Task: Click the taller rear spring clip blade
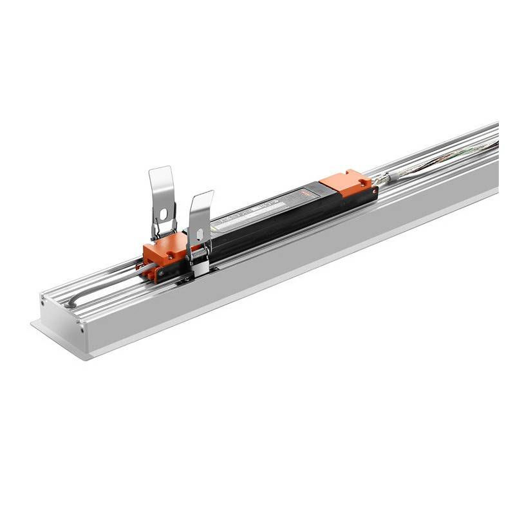tap(162, 187)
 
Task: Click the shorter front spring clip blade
tap(201, 209)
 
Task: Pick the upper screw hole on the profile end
tap(44, 302)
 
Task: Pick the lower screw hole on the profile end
tap(82, 327)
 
